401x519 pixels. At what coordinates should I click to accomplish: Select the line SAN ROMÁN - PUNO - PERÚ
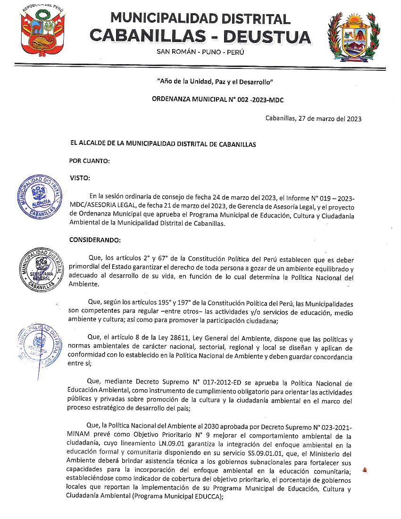[x=200, y=52]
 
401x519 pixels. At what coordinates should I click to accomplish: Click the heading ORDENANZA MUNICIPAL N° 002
[x=217, y=100]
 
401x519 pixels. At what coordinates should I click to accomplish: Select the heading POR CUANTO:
[x=90, y=161]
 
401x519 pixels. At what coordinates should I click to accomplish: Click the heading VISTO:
[x=80, y=178]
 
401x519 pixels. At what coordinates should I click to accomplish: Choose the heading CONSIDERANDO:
[x=95, y=240]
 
